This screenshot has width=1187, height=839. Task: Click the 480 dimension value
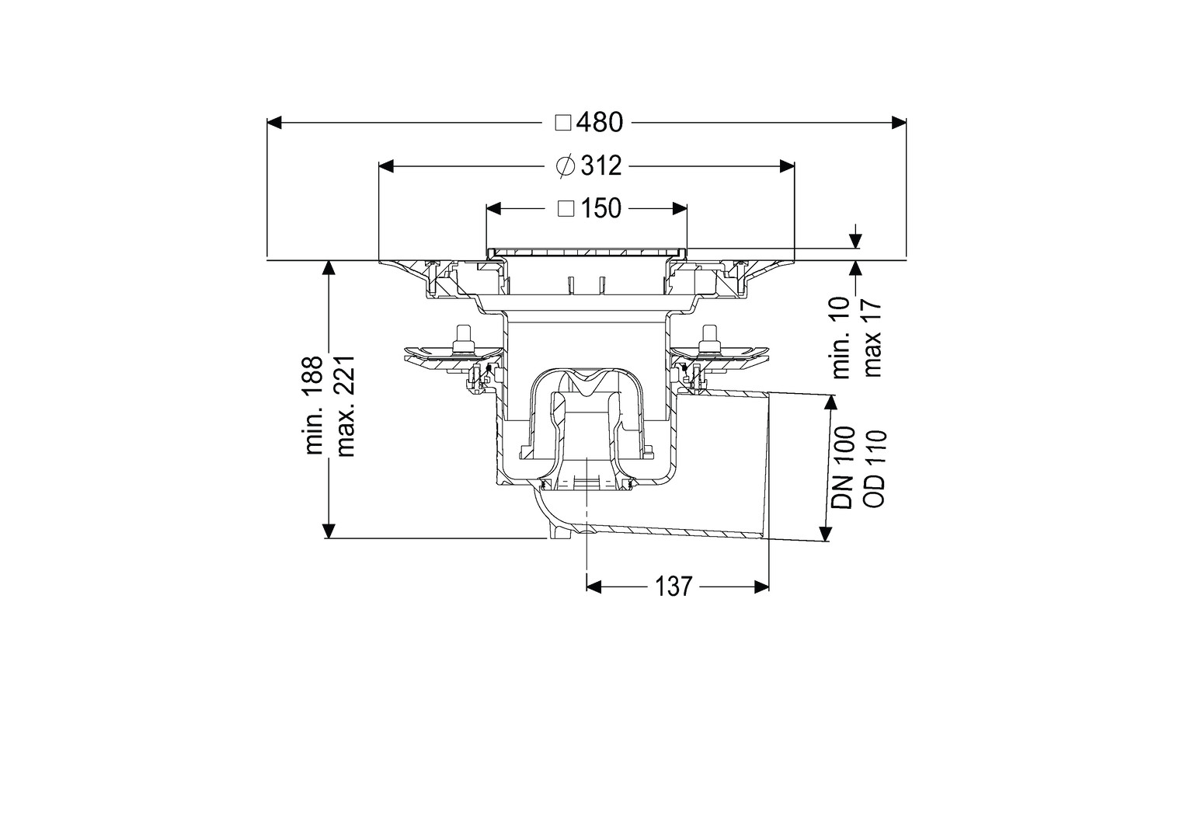tap(600, 123)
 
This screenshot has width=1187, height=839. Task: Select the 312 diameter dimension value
tap(601, 166)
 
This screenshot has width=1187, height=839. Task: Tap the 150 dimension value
tap(601, 209)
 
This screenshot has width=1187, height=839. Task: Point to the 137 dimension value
tap(674, 586)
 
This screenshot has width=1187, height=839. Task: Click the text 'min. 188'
tap(315, 406)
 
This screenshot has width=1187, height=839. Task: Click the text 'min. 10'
tap(841, 337)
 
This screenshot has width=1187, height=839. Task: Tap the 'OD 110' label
tap(875, 468)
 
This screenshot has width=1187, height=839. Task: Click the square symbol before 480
tap(562, 123)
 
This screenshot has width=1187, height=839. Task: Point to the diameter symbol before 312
tap(566, 166)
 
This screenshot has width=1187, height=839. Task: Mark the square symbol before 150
tap(566, 209)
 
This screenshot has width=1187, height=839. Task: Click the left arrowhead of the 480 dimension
tap(273, 123)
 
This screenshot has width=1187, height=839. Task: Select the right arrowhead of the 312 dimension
tap(787, 166)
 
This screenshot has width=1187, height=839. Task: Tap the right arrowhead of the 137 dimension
tap(761, 587)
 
